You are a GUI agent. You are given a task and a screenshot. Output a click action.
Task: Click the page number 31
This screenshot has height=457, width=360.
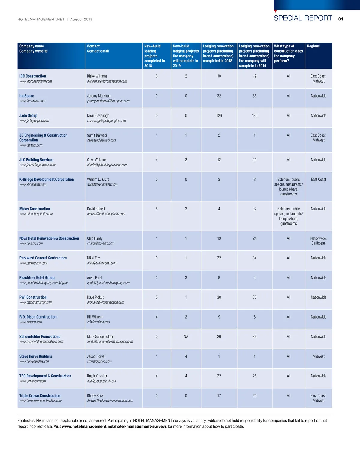[x=341, y=19]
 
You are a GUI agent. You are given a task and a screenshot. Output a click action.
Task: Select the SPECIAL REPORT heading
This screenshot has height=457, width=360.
[x=303, y=18]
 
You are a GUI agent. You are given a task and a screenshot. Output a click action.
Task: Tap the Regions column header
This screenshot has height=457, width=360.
[x=313, y=46]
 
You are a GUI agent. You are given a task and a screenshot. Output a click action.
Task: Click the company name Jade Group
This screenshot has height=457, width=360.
[x=28, y=116]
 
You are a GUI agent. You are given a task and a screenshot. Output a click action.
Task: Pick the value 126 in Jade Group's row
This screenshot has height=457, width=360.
[x=219, y=116]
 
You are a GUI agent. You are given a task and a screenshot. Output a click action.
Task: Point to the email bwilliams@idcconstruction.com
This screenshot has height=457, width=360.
[x=107, y=81]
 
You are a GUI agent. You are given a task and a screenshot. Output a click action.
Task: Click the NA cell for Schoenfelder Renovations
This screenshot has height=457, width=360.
[x=186, y=337]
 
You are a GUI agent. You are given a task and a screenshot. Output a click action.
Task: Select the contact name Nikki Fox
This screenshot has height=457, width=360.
[x=93, y=258]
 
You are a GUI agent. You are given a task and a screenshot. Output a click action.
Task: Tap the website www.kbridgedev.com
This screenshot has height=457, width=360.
[x=33, y=185]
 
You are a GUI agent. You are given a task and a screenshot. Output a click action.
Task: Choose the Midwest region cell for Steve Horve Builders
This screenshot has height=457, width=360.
[x=319, y=356]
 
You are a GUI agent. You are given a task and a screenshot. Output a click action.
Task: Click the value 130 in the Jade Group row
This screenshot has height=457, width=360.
[x=255, y=116]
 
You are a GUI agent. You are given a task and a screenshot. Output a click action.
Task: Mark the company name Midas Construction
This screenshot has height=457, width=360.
[x=35, y=209]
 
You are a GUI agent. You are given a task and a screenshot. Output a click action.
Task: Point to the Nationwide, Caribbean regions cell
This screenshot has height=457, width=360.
[x=319, y=241]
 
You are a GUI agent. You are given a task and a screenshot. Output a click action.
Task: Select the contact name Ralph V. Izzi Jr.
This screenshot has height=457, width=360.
[x=97, y=376]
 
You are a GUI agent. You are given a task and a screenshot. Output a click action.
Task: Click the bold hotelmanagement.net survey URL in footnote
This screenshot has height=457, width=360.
[x=114, y=426]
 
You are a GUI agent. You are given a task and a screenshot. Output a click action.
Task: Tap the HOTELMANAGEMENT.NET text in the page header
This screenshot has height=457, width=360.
[x=41, y=20]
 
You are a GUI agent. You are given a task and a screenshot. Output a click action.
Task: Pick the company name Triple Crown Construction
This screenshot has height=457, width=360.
[x=40, y=396]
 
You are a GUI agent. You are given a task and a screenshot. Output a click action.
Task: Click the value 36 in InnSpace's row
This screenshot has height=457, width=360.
[x=255, y=96]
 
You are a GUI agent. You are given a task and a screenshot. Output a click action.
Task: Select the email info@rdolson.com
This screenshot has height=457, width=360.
[x=98, y=322]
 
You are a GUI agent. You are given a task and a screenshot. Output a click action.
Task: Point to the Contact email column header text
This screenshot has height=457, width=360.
[x=98, y=51]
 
